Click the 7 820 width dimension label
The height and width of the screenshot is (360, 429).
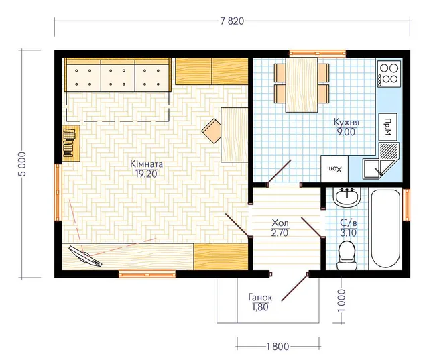pos(232,21)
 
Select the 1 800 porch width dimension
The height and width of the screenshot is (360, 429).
pos(278,347)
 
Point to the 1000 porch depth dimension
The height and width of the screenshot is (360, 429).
pos(341,300)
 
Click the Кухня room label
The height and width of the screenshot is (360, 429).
pos(347,122)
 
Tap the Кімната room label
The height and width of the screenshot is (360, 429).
pos(146,164)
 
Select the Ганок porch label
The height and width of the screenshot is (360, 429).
pos(260,298)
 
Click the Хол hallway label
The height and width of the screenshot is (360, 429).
pos(280,222)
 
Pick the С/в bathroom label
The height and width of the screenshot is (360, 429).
pos(349,223)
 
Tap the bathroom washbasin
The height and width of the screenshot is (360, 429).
pos(347,198)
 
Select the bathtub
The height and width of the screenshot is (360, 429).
pos(385,229)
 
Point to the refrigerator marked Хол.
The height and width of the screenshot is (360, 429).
pos(334,169)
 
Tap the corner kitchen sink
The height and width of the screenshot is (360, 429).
pos(381,161)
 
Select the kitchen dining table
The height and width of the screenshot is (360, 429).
pos(302,84)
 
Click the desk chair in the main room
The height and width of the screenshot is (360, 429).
pos(212,131)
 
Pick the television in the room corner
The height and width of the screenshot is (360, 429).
pos(85,256)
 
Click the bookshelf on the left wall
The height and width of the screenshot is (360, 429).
pos(71,143)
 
